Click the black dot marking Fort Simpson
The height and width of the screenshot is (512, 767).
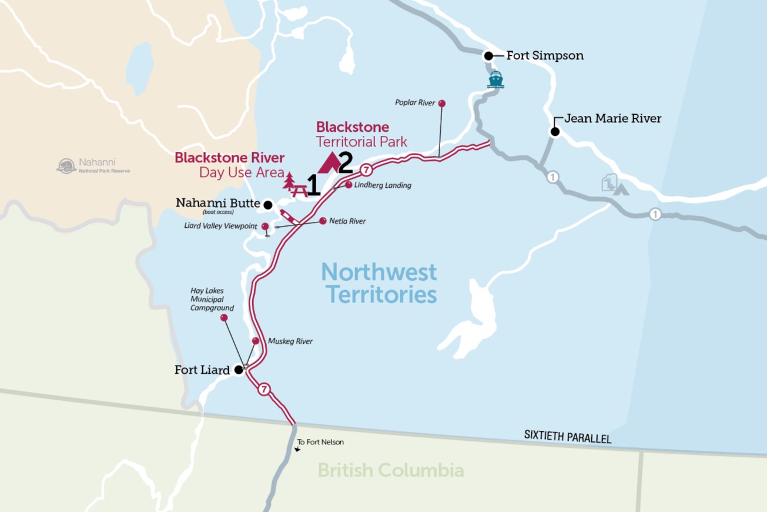point(488,56)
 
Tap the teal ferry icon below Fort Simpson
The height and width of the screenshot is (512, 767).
point(495,79)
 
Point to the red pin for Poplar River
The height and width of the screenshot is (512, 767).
point(442,104)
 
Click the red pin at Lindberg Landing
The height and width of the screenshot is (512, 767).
point(349,185)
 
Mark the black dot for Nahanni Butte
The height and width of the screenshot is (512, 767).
point(267,205)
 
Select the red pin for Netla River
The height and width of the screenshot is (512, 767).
point(323,221)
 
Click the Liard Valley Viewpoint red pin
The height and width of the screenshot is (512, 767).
point(265,227)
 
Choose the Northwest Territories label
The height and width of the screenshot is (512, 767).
point(379,283)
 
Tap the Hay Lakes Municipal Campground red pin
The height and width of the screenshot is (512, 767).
point(224,318)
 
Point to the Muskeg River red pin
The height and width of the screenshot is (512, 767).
point(256,341)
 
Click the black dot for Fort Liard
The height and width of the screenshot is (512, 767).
point(239,370)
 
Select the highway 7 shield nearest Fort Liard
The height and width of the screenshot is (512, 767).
point(264,389)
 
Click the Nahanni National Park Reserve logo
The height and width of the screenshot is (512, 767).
point(66,166)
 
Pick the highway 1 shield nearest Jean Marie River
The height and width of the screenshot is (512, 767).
point(552,177)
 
